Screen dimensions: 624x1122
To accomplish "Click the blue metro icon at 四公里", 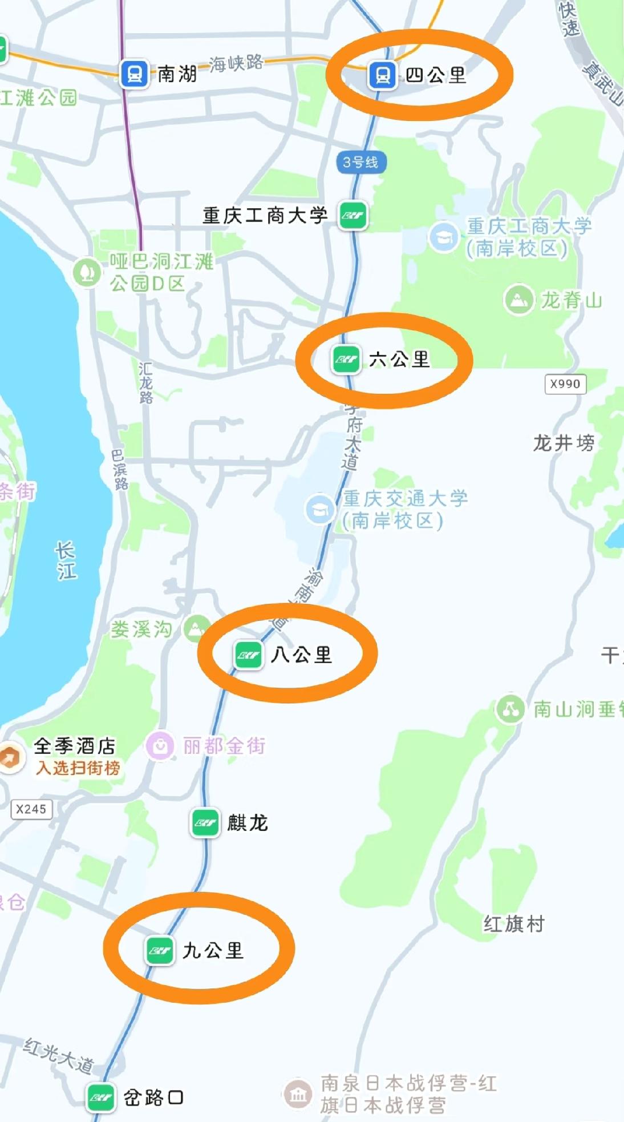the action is [383, 75].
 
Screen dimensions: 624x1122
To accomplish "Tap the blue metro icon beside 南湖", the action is [135, 74].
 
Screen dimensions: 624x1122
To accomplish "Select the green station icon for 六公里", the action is [346, 360].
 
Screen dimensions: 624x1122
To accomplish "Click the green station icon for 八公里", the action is [248, 655].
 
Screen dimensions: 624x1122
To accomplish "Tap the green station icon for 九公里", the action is [159, 950].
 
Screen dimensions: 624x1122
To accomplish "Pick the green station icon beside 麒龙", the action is [205, 822].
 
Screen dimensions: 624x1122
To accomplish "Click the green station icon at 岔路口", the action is [101, 1097].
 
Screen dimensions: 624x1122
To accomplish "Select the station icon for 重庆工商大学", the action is [352, 215].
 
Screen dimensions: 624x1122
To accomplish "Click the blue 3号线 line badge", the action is [360, 163].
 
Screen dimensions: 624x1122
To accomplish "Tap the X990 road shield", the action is [565, 384].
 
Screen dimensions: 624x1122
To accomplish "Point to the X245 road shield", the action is [31, 809].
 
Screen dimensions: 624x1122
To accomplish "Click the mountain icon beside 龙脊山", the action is [518, 299].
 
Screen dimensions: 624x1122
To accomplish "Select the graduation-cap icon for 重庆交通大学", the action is [320, 508].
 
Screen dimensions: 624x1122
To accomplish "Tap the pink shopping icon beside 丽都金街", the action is [160, 745].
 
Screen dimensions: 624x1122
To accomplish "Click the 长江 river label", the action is [66, 560].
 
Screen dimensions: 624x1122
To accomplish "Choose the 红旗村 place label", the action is [514, 923].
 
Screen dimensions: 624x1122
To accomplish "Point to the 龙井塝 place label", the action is [564, 442].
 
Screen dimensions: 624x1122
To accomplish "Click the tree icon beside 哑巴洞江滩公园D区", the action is [87, 272].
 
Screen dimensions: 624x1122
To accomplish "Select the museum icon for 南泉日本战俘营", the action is [298, 1093].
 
